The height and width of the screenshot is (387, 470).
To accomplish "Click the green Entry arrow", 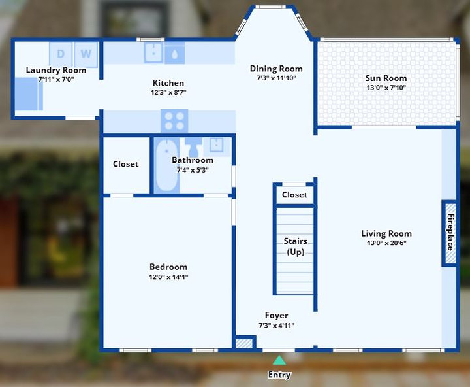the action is coord(279,360).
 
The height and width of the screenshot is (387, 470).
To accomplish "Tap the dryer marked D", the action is coord(61,54).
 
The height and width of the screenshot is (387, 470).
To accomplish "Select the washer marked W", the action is coord(86,54).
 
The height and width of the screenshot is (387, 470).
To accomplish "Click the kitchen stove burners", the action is coord(174,121).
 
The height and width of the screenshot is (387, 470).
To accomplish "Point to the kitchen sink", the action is coord(154,53).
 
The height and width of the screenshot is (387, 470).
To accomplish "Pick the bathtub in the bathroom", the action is coord(166,165).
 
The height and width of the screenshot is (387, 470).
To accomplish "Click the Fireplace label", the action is coord(450,232).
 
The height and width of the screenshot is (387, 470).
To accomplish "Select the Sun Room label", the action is coord(386,78).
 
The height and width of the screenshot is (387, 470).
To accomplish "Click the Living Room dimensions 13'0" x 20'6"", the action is coord(386,243).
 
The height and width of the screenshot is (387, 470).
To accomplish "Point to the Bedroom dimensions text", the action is coord(168,277).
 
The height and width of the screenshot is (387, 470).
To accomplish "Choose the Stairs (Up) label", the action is coord(296,246).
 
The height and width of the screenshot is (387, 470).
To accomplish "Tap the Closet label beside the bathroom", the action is coord(125,164).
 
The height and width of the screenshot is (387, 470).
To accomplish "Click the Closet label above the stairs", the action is coord(294,195).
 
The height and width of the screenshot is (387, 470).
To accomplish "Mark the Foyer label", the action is coord(276,315).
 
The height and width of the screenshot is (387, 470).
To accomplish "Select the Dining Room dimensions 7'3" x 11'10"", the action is coord(276,78).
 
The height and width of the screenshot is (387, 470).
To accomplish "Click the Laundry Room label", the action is coord(56,70).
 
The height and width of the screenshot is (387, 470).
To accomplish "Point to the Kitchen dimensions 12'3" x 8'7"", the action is coord(168,92).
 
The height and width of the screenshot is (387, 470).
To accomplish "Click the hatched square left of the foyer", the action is coord(244,343).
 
